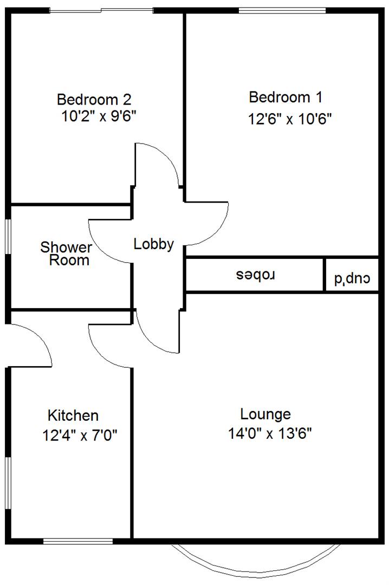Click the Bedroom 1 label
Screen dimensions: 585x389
point(286,97)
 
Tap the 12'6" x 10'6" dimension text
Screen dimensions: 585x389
point(290,119)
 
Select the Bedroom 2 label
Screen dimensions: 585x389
point(94,100)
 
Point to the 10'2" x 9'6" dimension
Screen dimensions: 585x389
point(102,116)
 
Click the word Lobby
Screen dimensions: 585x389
point(154,244)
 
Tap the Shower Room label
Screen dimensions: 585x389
point(67,254)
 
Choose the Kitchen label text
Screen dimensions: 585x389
point(74,415)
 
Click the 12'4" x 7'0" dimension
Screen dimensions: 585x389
point(80,435)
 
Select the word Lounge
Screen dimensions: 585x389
point(265,414)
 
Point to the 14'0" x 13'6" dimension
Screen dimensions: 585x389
point(270,434)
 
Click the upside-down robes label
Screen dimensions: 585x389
point(257,275)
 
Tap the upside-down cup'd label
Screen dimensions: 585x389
point(352,279)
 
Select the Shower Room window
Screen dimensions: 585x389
point(8,236)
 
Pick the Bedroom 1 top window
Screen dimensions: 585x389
point(282,10)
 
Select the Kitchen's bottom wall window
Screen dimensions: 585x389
point(78,541)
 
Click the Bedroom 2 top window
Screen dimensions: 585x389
point(101,10)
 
